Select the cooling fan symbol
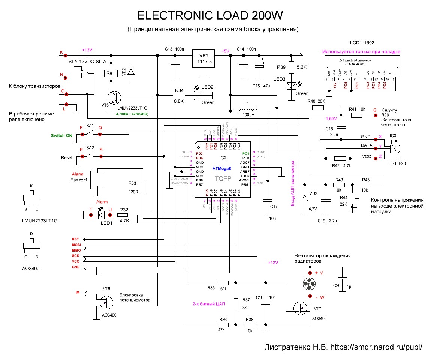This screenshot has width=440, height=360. [x=310, y=284]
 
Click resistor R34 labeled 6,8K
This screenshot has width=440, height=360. [x=179, y=96]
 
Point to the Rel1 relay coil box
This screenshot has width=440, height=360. [x=111, y=73]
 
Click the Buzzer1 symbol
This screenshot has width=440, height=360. [x=97, y=179]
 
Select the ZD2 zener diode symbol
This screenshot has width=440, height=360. [x=305, y=198]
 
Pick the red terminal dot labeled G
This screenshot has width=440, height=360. [x=374, y=115]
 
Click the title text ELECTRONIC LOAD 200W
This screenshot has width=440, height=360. [x=210, y=15]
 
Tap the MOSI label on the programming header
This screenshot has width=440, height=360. [x=76, y=244]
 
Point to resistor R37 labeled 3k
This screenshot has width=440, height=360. [x=236, y=303]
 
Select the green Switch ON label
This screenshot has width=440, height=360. [x=61, y=135]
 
